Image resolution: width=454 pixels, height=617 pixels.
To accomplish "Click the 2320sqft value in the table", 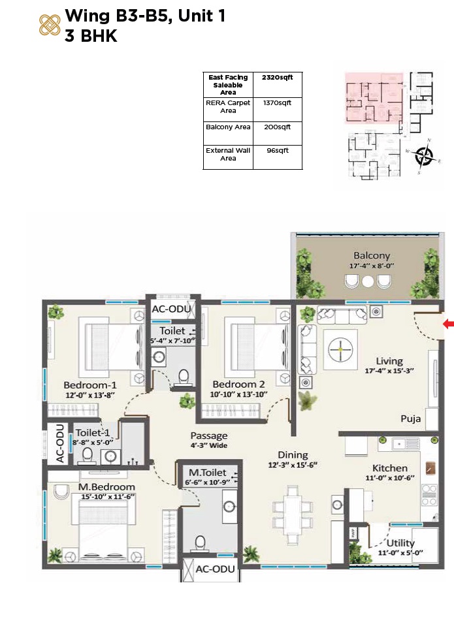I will [x=277, y=78].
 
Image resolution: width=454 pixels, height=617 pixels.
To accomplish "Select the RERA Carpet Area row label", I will [x=228, y=107].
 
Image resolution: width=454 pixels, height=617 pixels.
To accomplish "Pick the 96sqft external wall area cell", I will [x=277, y=151].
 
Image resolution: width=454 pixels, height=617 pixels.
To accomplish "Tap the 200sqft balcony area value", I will [x=277, y=127].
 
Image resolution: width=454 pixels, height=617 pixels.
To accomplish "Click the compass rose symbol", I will [x=425, y=155].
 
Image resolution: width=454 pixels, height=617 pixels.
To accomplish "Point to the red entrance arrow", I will [x=448, y=323].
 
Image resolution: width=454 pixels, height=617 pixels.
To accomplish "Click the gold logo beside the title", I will [x=50, y=25].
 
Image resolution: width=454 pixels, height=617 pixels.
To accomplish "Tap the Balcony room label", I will [x=372, y=255].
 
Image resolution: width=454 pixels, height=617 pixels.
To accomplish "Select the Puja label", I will [x=411, y=419].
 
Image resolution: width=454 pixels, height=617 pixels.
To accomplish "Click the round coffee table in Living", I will [x=340, y=349].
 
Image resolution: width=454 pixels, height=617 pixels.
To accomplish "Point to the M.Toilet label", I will [x=208, y=472].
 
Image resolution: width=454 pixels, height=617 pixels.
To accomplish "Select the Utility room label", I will [x=400, y=543].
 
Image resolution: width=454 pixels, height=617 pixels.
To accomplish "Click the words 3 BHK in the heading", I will [x=91, y=37].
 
